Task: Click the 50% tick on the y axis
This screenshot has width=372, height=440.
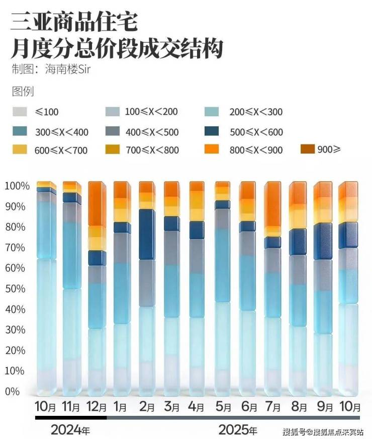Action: coord(15,288)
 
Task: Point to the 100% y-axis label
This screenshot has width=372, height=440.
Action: coord(17,186)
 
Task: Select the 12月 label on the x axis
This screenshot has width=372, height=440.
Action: coord(97,406)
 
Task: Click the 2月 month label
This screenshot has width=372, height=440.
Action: coord(147,406)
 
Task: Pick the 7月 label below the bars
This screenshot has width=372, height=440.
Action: coord(274,406)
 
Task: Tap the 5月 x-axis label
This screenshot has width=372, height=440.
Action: coord(223,406)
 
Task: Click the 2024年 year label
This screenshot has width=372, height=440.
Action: coord(70,430)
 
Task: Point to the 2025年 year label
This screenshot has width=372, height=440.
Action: coord(238,430)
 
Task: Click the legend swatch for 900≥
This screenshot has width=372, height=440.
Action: coord(307,149)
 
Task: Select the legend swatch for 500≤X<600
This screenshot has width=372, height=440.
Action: coord(215,132)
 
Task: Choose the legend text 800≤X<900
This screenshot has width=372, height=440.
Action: coord(256,150)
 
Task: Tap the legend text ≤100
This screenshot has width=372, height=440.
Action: coord(47,112)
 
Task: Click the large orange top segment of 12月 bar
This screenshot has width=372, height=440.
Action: coord(97,204)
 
